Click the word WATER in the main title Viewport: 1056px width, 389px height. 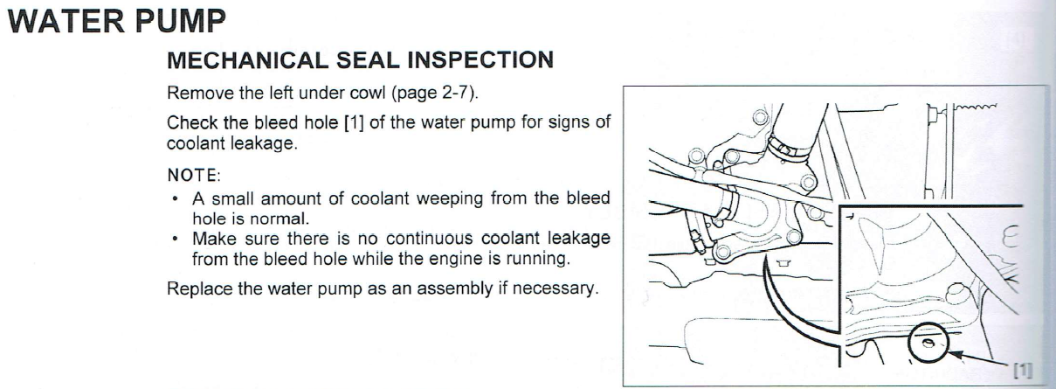pos(67,21)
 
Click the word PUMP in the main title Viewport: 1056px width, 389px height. pos(181,21)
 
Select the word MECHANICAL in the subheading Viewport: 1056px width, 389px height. pos(247,60)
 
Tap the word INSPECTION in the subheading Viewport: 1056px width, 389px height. pos(480,60)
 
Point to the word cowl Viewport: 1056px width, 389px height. pos(365,93)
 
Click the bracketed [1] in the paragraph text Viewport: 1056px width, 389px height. pos(354,122)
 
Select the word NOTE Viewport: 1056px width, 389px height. pos(192,175)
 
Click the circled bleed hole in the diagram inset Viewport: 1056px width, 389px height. pos(928,343)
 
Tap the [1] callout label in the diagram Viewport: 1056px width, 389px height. pos(1023,371)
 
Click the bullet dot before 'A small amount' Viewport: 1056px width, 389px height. pos(176,198)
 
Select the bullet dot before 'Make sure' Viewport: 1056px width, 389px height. pos(176,239)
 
